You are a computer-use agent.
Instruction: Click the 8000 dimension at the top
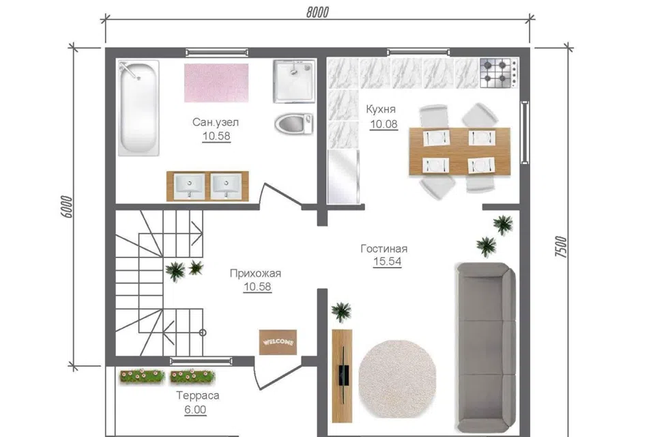point(317,12)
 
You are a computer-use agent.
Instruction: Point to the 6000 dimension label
point(67,207)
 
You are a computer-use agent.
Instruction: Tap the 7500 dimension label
point(561,246)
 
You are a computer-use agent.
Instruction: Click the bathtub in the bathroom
point(139,108)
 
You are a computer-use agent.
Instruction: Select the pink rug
point(216,83)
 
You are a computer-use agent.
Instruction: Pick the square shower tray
point(294,81)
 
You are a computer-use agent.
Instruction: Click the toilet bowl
point(293,124)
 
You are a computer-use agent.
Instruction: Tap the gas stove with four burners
point(499,73)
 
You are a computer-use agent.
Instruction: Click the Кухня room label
point(381,109)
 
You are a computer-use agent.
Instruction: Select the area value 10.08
point(383,124)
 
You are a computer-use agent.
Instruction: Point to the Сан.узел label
point(216,122)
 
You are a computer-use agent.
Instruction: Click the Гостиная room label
point(384,249)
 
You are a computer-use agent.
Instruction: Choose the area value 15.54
point(388,262)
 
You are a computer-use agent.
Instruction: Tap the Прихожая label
point(255,274)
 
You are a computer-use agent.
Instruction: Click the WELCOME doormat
point(278,342)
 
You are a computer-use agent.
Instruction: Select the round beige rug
point(397,379)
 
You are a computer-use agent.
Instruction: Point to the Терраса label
point(198,395)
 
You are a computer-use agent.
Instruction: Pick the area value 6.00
point(195,410)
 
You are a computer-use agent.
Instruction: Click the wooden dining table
point(459,152)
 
